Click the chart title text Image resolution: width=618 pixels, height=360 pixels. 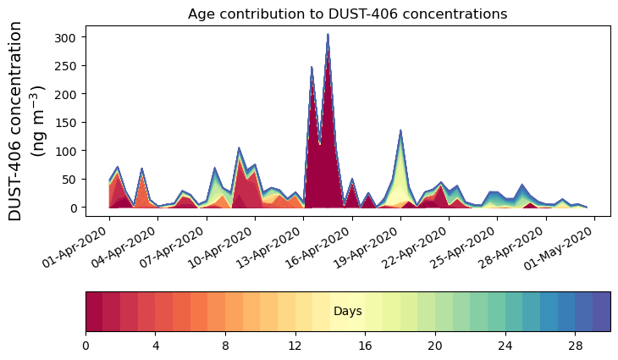[347, 14]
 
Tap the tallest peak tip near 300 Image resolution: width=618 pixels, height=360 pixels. [328, 35]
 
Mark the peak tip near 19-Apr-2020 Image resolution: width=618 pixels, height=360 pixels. [400, 130]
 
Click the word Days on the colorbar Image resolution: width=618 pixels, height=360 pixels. [348, 312]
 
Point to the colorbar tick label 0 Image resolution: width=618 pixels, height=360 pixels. [86, 346]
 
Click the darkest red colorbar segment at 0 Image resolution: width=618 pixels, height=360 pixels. [94, 312]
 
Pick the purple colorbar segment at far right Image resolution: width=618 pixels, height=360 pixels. [601, 312]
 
